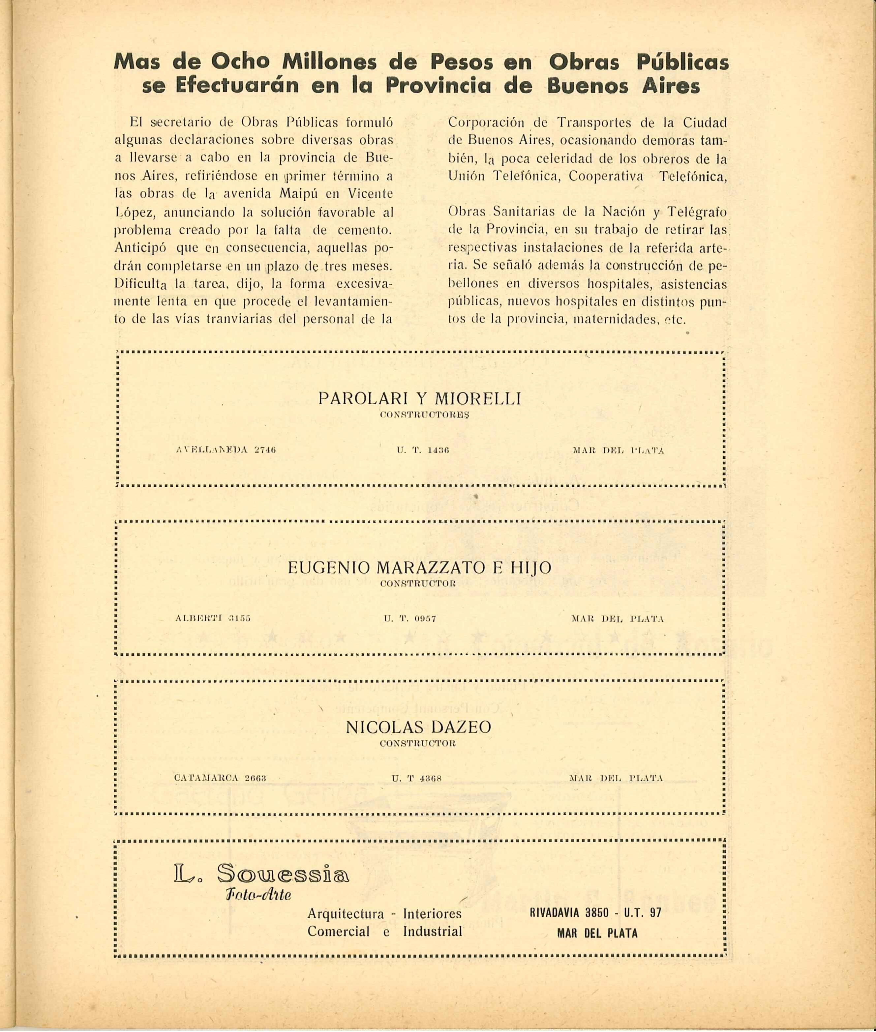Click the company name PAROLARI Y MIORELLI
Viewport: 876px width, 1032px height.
point(420,399)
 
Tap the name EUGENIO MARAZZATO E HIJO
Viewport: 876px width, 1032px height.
point(420,567)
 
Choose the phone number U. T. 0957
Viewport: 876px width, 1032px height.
point(410,619)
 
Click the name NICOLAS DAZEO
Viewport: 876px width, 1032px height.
point(418,727)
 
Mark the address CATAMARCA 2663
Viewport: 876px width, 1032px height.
point(221,778)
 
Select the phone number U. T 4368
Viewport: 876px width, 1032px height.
point(417,778)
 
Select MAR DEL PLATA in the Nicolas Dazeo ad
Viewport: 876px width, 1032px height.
point(616,778)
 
